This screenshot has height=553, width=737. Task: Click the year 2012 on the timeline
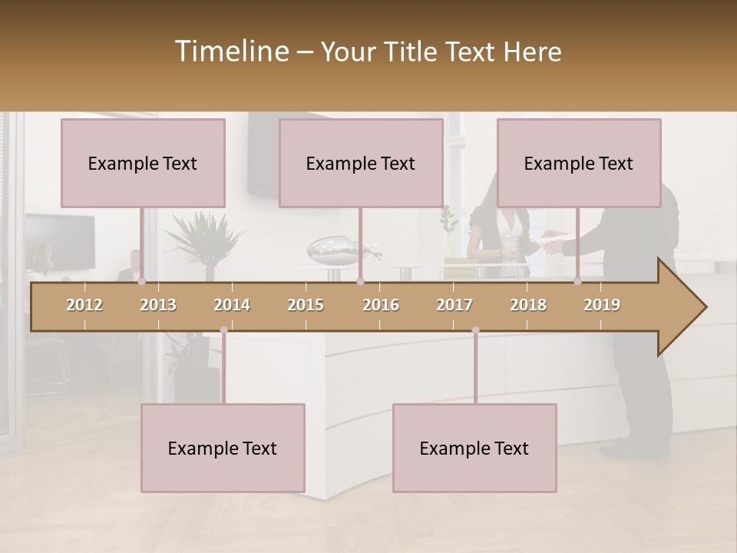pyautogui.click(x=84, y=305)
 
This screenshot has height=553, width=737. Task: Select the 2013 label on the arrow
pyautogui.click(x=158, y=305)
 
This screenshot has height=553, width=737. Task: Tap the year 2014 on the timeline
pyautogui.click(x=232, y=305)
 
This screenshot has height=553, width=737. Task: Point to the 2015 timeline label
pyautogui.click(x=306, y=305)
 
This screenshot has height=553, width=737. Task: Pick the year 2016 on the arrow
pyautogui.click(x=381, y=305)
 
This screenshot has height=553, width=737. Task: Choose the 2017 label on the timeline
pyautogui.click(x=454, y=305)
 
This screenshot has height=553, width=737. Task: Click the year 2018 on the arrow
pyautogui.click(x=528, y=305)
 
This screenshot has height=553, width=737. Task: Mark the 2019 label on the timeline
pyautogui.click(x=602, y=305)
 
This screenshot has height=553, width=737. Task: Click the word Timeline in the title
pyautogui.click(x=231, y=51)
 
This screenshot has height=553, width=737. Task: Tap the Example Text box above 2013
pyautogui.click(x=143, y=163)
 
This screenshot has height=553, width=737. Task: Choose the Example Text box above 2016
pyautogui.click(x=361, y=163)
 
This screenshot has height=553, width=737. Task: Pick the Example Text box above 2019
pyautogui.click(x=579, y=163)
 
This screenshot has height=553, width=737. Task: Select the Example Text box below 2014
pyautogui.click(x=223, y=448)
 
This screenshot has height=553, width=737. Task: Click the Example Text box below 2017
pyautogui.click(x=474, y=448)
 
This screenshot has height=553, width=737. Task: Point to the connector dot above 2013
pyautogui.click(x=142, y=282)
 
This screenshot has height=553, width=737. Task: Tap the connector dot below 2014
pyautogui.click(x=223, y=330)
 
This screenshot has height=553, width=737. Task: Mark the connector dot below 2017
pyautogui.click(x=475, y=330)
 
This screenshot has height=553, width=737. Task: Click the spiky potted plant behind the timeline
pyautogui.click(x=204, y=238)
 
